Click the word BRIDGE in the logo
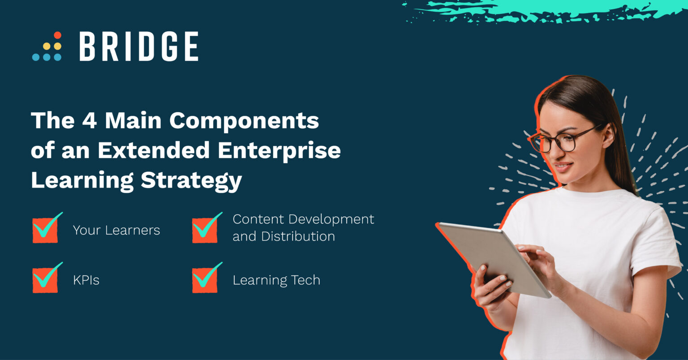(139, 47)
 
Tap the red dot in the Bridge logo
(57, 35)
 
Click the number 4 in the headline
(90, 120)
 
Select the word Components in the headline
(244, 121)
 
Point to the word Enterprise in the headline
(279, 150)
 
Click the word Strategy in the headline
(191, 180)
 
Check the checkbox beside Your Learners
(45, 230)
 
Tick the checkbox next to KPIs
(45, 280)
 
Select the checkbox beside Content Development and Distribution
(205, 230)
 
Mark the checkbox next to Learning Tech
(205, 280)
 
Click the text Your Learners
(116, 230)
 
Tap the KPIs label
(86, 280)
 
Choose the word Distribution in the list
(298, 236)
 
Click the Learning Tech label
(276, 280)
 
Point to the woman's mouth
(563, 167)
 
